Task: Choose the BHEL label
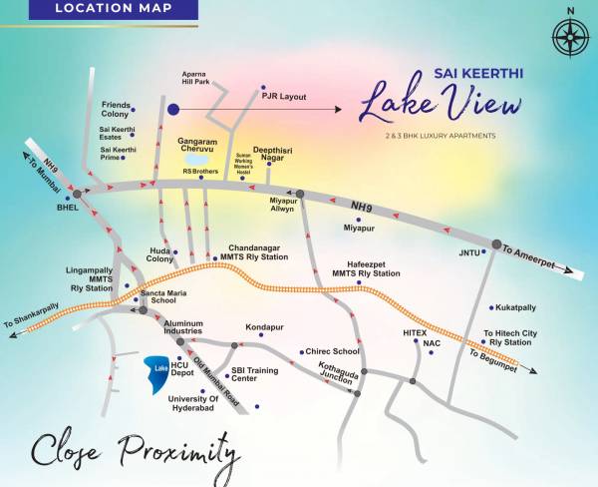pos(67,209)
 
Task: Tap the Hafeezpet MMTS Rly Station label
pos(366,269)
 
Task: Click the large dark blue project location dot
pos(173,109)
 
